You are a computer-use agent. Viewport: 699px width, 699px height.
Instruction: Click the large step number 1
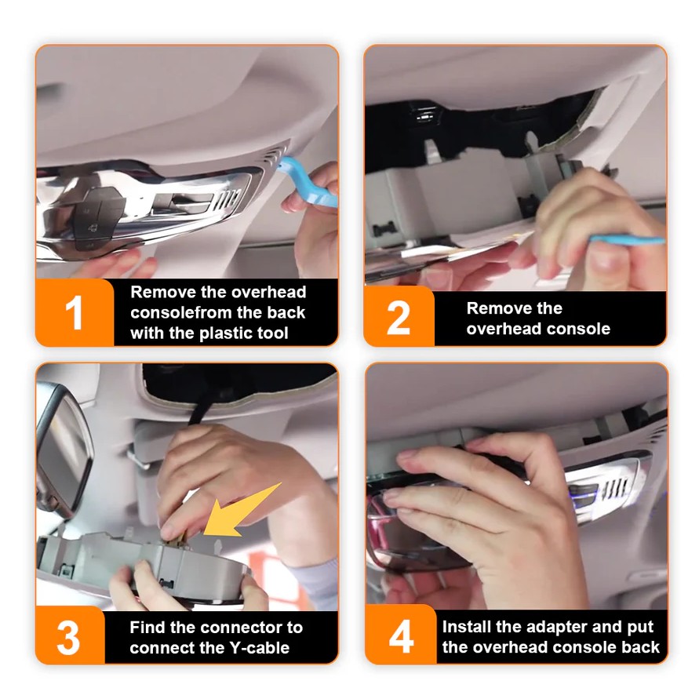(x=75, y=313)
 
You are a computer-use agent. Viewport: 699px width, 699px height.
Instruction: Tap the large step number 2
(x=399, y=318)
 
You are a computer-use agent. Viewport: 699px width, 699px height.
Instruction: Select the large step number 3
(x=68, y=638)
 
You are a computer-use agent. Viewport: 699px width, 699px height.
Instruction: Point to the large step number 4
(x=401, y=638)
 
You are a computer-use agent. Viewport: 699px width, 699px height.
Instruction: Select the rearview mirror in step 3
(x=63, y=450)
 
